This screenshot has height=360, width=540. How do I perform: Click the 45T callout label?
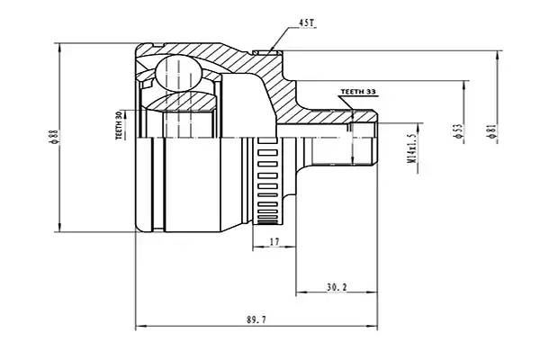307,23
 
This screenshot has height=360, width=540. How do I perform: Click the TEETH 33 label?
358,92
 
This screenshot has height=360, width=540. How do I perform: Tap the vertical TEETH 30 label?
119,125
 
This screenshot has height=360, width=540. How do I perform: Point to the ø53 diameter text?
458,131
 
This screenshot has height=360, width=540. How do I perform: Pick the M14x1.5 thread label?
411,148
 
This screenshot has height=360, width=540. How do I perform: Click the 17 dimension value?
274,242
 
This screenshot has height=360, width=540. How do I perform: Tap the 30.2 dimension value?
337,287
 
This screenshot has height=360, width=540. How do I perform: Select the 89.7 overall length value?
256,319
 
